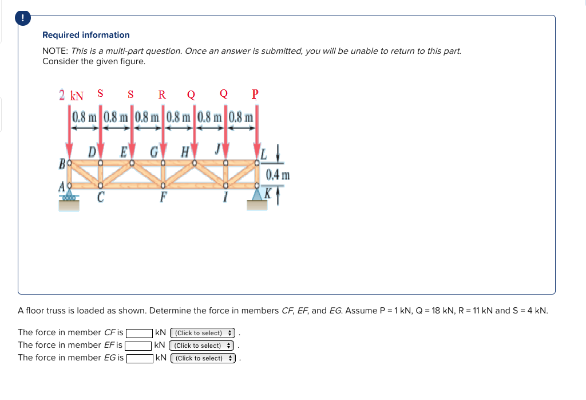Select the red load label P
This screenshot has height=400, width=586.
pos(255,95)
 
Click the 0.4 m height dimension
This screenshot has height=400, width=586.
pos(278,174)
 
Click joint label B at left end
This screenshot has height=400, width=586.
pos(61,164)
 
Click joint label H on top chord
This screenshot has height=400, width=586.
pos(185,153)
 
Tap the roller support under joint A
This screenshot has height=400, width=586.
pos(69,198)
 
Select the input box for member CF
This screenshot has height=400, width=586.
pos(138,333)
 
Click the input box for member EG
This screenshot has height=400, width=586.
pos(139,358)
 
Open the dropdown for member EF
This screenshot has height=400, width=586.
pos(203,346)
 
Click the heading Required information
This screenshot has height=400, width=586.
pos(86,35)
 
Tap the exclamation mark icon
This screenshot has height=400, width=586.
pos(23,18)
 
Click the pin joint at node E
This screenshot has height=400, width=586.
pos(132,163)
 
